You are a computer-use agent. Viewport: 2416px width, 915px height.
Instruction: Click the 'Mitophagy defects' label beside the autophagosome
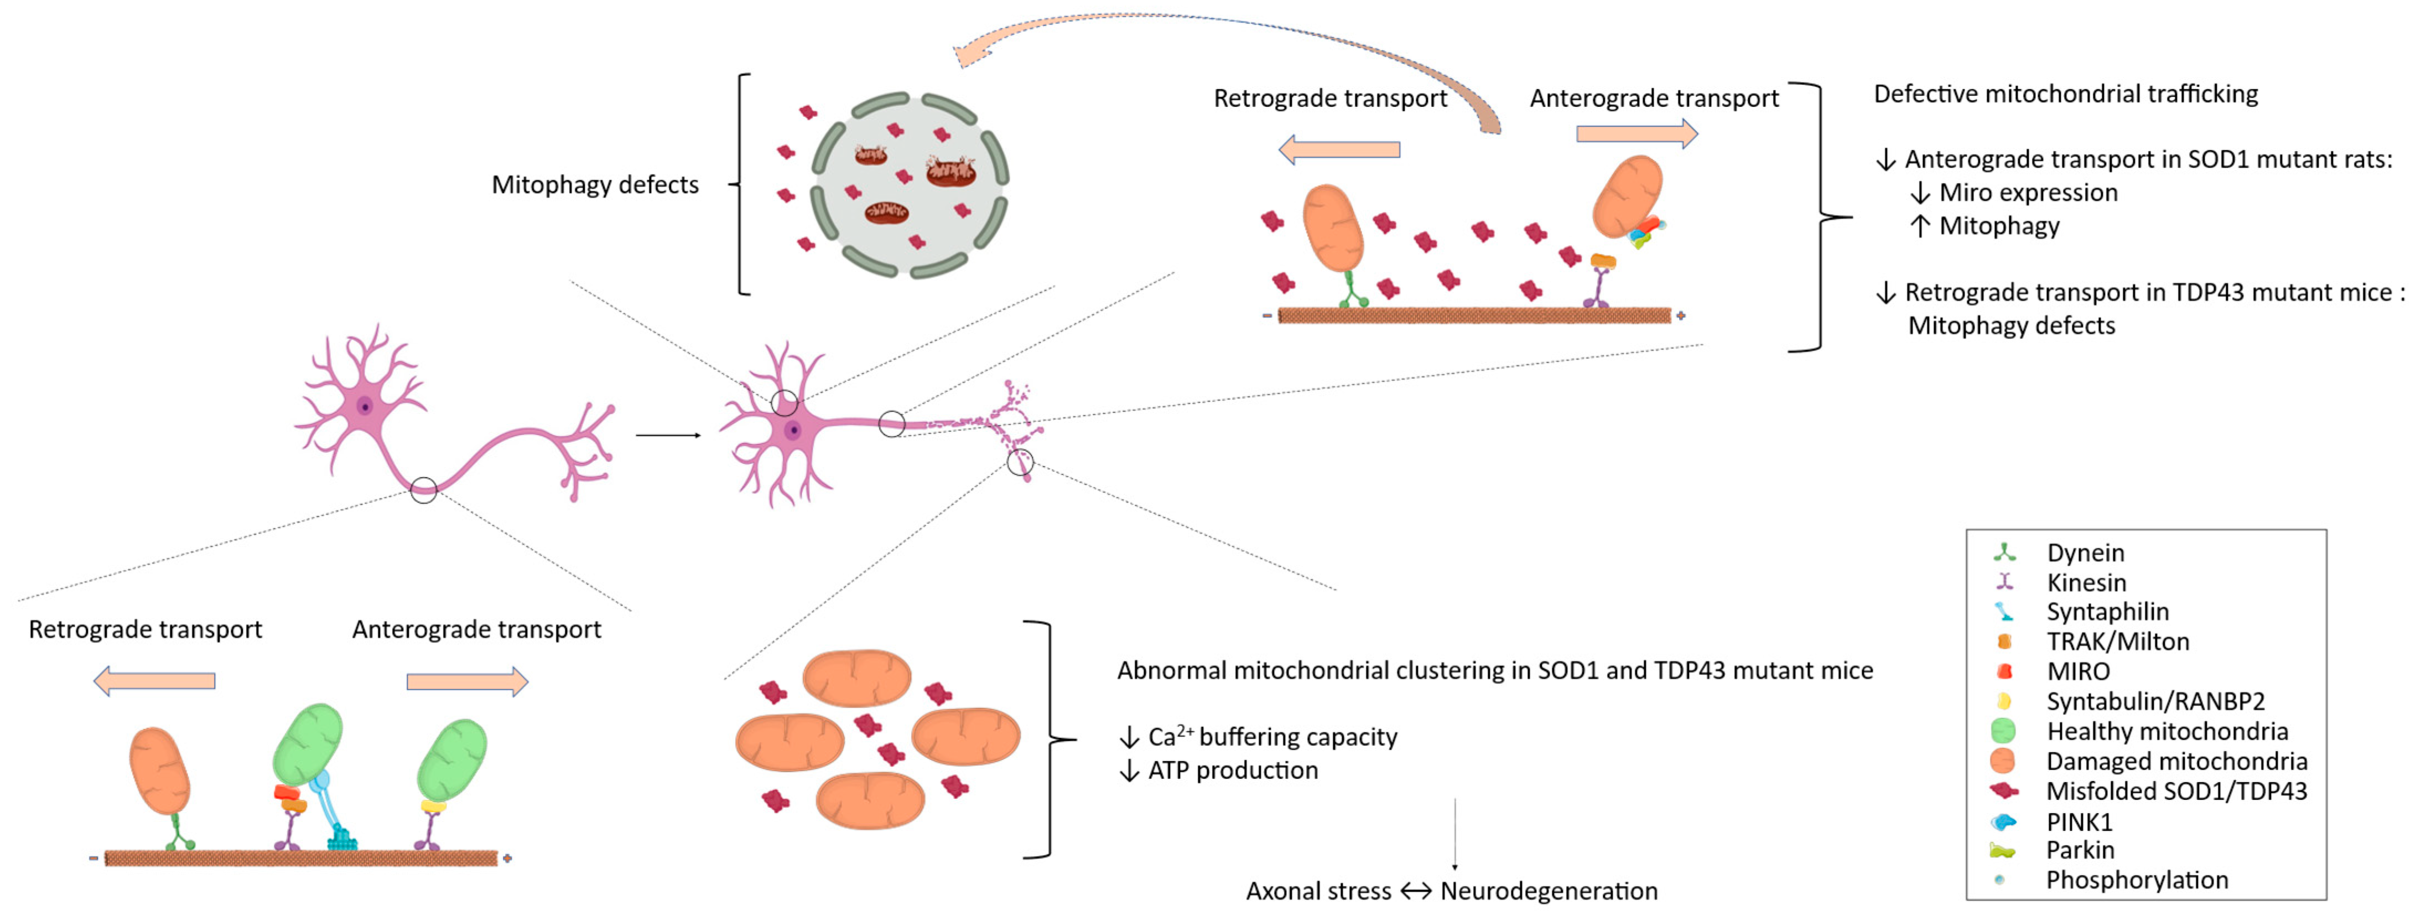pos(595,185)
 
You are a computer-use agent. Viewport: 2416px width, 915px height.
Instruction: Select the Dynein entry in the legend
pos(2084,553)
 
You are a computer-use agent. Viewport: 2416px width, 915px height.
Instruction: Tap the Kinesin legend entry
pos(2086,583)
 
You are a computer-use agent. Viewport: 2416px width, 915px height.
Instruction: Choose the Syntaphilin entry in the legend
pos(2107,612)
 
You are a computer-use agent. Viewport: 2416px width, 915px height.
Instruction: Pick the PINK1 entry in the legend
pos(2079,822)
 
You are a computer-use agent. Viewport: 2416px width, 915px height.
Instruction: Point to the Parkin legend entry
pos(2079,850)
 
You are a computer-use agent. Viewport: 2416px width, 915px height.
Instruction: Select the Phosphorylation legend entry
pos(2136,880)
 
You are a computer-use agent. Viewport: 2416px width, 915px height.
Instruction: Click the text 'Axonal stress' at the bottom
pos(1318,891)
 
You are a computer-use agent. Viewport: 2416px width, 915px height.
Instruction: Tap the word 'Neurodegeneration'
pos(1549,891)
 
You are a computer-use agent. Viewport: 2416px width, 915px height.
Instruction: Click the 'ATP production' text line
pos(1233,771)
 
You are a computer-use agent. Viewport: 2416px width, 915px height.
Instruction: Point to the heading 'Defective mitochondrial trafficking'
pos(2065,94)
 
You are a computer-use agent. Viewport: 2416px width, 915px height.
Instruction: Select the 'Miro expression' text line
pos(2028,193)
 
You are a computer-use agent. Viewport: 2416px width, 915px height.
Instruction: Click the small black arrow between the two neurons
pos(668,436)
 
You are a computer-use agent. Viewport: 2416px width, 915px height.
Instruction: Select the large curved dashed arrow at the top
pos(1219,28)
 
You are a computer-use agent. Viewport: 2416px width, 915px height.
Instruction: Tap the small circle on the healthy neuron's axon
pos(424,490)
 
